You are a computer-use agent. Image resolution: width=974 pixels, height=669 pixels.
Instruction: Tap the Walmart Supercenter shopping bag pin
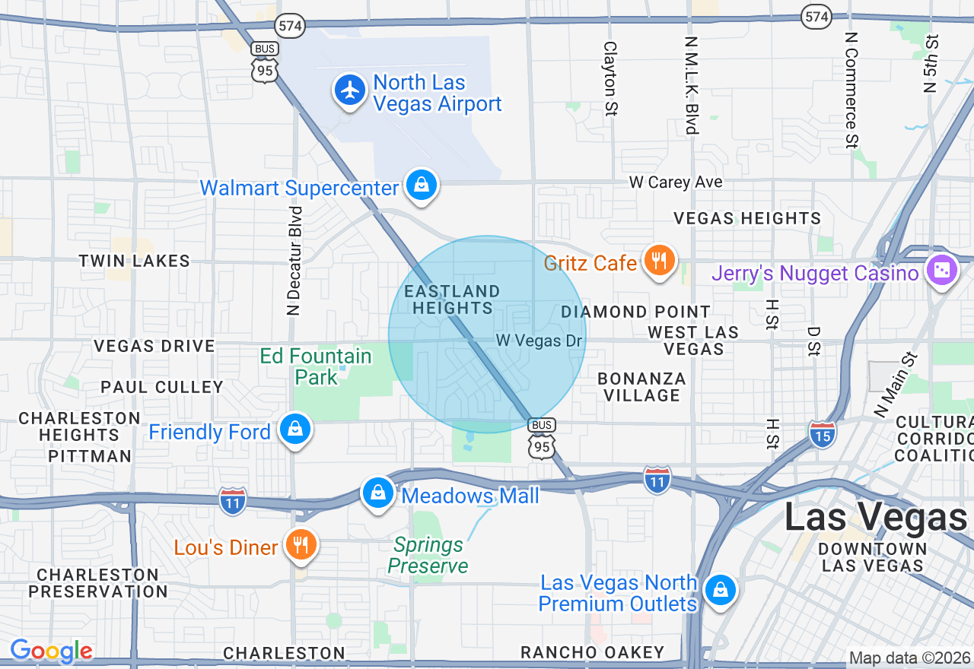[x=420, y=185]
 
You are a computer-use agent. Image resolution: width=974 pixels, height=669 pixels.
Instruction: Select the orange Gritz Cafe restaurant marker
[x=659, y=262]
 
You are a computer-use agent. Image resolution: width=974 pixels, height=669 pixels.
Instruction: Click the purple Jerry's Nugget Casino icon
[x=941, y=271]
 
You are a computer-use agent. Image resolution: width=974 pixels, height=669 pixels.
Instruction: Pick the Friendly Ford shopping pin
[x=295, y=430]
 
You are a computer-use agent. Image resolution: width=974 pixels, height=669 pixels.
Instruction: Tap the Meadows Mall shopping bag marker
[x=377, y=494]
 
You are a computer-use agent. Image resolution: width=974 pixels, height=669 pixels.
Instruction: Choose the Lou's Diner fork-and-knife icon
[x=302, y=545]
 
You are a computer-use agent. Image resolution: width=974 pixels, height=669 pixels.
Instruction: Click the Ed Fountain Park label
[x=316, y=366]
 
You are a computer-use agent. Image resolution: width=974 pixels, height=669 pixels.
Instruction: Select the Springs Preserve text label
[x=428, y=556]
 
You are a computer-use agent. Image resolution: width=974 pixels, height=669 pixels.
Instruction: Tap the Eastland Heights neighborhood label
[x=453, y=300]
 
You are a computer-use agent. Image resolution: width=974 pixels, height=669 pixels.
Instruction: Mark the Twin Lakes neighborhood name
[x=134, y=261]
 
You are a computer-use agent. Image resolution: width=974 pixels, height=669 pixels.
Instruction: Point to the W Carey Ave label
[x=675, y=182]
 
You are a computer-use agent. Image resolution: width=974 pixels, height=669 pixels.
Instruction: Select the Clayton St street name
[x=610, y=78]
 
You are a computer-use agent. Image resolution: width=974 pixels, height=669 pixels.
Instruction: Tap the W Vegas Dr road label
[x=540, y=341]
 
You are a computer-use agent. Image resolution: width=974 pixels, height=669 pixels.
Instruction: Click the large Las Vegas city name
[x=875, y=518]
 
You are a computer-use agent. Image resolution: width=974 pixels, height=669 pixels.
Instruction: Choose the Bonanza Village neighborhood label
[x=641, y=387]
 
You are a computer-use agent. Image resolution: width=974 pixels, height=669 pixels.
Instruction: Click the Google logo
[x=51, y=652]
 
